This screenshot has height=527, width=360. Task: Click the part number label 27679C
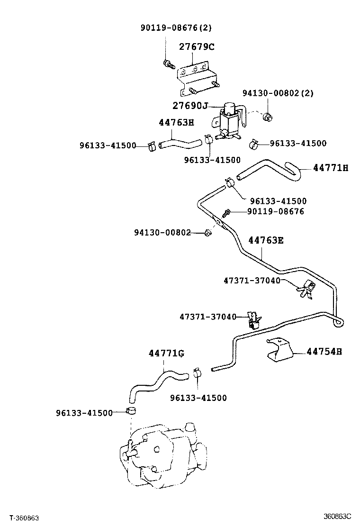(x=196, y=47)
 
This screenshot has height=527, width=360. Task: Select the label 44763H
(x=176, y=122)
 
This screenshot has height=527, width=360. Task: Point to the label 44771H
(x=330, y=168)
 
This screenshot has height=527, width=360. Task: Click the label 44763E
(x=266, y=240)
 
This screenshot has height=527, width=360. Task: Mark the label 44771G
(x=166, y=354)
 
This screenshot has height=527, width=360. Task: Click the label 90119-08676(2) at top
(x=176, y=28)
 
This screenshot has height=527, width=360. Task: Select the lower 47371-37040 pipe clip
(x=254, y=320)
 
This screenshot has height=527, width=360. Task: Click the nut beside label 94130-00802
(x=207, y=232)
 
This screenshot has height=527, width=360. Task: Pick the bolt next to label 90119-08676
(x=227, y=213)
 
